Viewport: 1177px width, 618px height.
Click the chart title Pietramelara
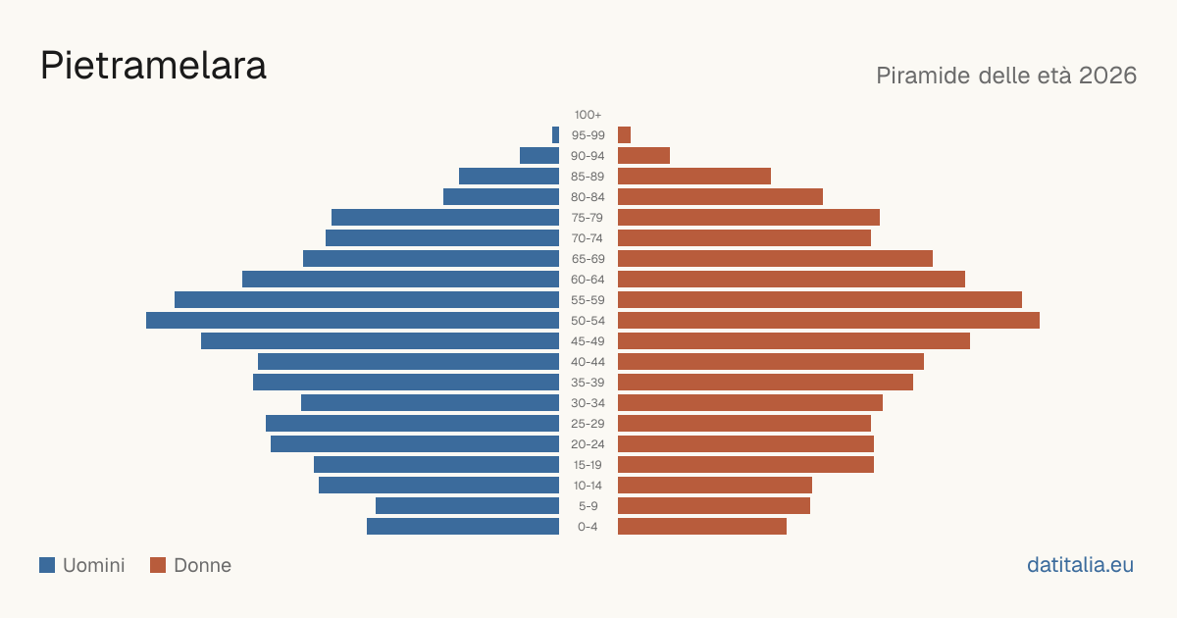coord(153,66)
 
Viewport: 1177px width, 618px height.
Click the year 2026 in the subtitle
coord(1107,76)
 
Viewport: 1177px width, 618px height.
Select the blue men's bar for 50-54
coord(352,321)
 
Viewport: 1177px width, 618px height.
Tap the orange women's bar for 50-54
coord(829,321)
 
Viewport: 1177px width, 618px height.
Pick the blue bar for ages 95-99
coord(555,135)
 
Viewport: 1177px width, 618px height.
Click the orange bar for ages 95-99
coord(624,135)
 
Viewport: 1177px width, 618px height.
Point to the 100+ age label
coord(588,115)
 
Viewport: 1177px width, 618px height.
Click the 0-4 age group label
coord(588,527)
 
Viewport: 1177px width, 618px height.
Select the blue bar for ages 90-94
coord(539,156)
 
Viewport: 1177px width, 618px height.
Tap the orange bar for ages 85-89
coord(694,176)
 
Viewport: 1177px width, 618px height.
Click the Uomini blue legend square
coord(47,565)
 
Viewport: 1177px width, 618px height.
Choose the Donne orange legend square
coord(158,565)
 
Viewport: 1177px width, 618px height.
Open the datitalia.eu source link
coord(1080,565)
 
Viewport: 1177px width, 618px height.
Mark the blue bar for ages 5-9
coord(467,506)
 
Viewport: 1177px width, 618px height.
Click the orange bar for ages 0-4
coord(702,527)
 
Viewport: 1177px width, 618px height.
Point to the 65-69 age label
coord(588,259)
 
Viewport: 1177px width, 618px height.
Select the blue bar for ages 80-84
coord(501,197)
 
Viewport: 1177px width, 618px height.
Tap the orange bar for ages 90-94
coord(643,156)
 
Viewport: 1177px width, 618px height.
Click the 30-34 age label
coord(588,403)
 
